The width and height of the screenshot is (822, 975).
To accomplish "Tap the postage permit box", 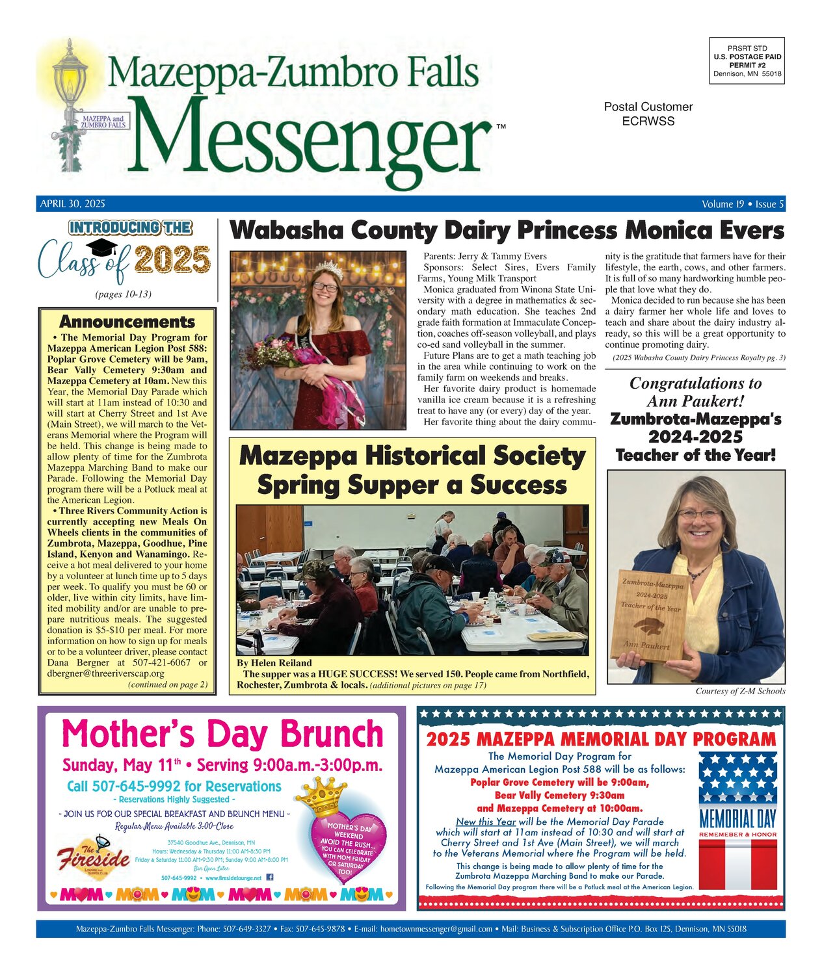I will (x=747, y=60).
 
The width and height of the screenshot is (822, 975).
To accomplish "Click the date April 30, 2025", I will (x=72, y=204).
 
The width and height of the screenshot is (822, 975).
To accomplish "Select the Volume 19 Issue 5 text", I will (x=742, y=204).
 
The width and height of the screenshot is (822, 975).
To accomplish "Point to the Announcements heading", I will (x=127, y=322).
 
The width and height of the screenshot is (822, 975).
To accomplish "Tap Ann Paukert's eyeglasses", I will (x=698, y=515).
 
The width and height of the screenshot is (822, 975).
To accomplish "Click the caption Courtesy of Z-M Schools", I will (x=740, y=691).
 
